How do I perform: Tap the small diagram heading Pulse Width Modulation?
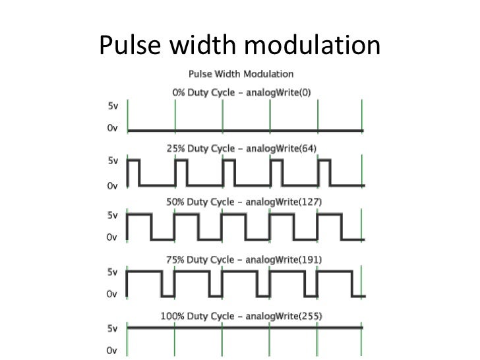point(241,74)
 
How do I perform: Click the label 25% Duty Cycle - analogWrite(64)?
point(241,148)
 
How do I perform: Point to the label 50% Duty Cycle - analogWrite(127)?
point(243,203)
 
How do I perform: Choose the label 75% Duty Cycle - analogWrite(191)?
point(243,259)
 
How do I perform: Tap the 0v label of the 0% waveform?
point(112,130)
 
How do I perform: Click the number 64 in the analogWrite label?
point(307,148)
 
